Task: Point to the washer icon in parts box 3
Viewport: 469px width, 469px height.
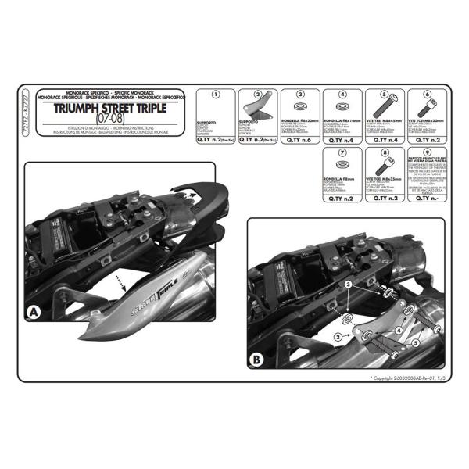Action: (300, 106)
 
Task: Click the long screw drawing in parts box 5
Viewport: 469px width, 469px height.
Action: (384, 106)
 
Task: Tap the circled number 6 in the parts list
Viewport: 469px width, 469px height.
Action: (427, 95)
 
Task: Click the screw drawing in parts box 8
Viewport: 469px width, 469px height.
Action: (384, 166)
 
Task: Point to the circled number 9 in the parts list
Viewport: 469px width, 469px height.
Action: (427, 154)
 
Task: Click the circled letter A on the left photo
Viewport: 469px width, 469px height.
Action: (34, 313)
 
